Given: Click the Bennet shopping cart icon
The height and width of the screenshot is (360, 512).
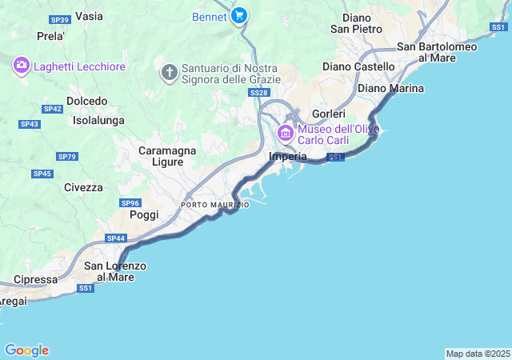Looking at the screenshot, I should (x=238, y=15).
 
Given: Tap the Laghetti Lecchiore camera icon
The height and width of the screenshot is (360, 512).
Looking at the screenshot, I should (x=22, y=65).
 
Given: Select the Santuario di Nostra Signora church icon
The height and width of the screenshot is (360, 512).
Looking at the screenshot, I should (x=169, y=73).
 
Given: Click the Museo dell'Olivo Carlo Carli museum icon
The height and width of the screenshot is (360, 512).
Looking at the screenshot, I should (x=285, y=132).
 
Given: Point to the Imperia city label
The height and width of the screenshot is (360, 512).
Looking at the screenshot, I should (x=288, y=157).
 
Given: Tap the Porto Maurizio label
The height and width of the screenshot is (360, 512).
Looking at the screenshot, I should (x=214, y=205).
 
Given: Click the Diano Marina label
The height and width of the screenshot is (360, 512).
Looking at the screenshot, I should (x=390, y=88).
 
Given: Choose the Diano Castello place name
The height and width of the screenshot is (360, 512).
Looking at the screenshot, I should (x=358, y=66).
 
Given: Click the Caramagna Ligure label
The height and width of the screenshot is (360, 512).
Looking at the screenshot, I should (x=150, y=156).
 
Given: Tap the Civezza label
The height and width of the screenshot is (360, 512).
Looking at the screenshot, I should (x=83, y=187).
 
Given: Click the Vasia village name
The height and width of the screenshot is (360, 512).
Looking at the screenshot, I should (x=89, y=16).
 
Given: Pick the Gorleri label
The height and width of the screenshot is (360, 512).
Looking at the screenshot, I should (x=328, y=114).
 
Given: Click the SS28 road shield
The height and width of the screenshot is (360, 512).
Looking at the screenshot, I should (x=258, y=94).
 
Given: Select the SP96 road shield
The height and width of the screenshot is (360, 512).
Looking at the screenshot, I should (x=130, y=203).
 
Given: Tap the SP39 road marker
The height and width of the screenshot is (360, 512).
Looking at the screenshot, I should (x=58, y=18).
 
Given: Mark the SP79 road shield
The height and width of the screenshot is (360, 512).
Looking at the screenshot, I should (x=67, y=157).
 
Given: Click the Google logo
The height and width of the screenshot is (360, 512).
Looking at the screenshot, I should (x=26, y=350).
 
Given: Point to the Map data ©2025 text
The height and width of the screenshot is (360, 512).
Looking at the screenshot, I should (x=477, y=354).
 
